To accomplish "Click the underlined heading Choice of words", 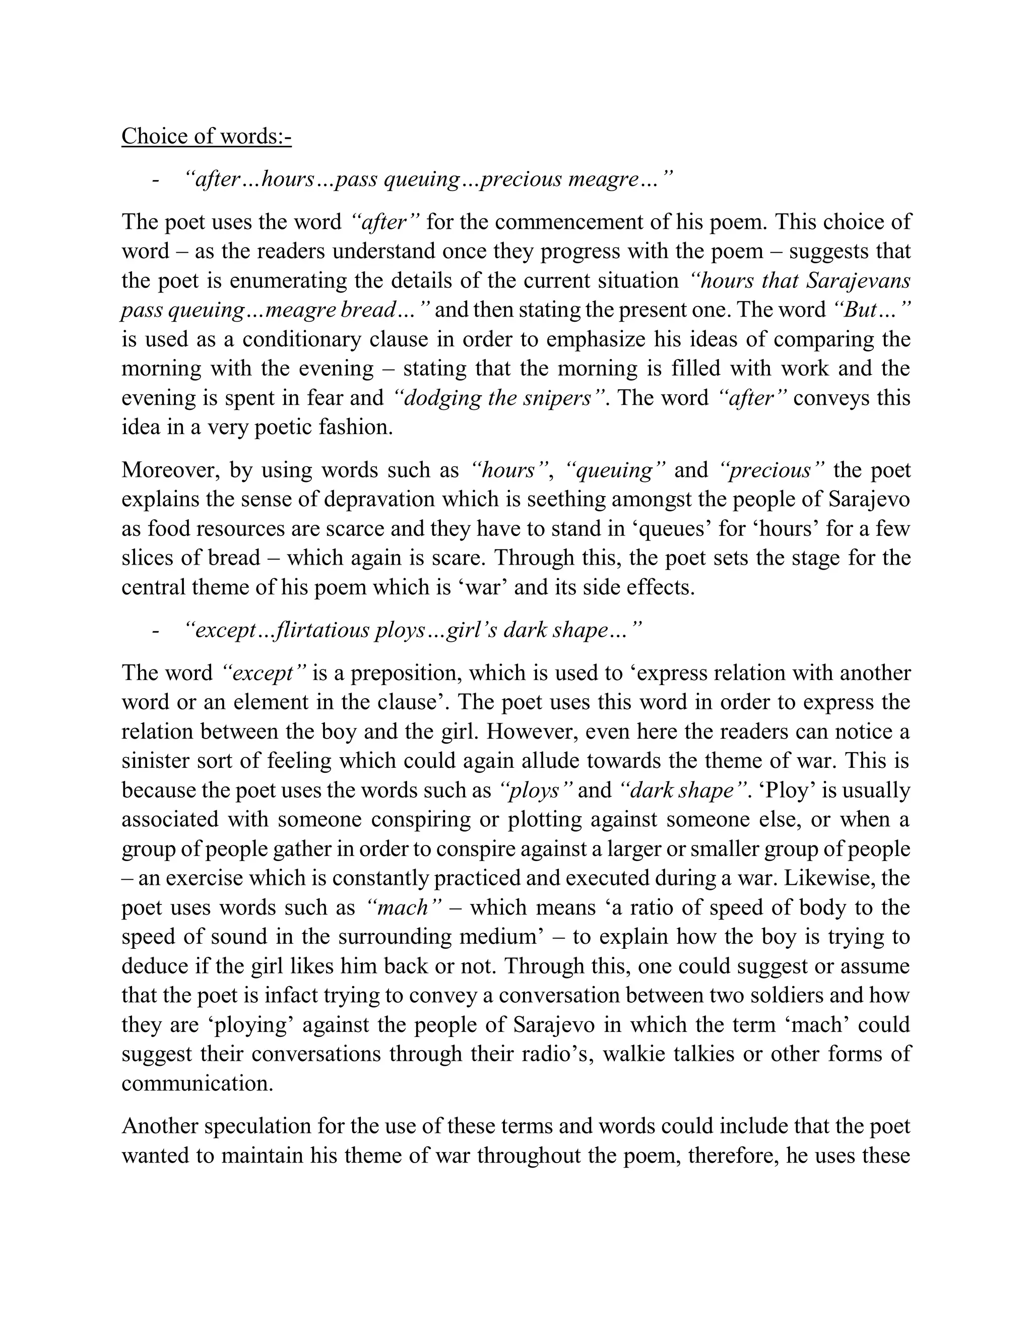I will pyautogui.click(x=206, y=136).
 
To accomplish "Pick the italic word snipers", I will pyautogui.click(x=558, y=398).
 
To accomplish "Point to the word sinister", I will pyautogui.click(x=155, y=761).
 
